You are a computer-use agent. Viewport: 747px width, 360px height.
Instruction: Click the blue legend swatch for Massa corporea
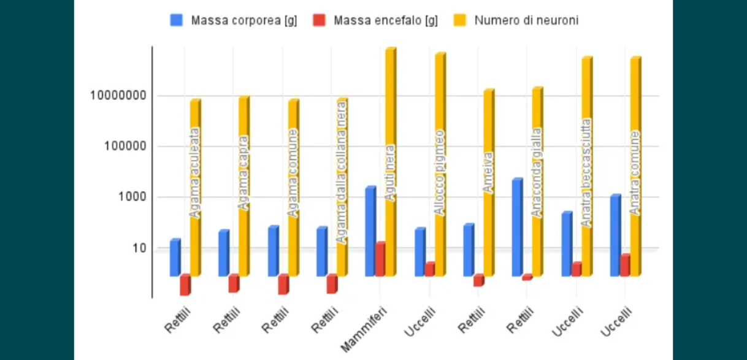click(176, 20)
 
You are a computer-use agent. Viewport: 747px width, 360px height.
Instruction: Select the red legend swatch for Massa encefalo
click(319, 20)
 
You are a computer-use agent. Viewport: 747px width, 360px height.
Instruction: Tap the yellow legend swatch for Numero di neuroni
click(460, 20)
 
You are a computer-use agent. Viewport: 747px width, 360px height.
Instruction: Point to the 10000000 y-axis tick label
click(118, 96)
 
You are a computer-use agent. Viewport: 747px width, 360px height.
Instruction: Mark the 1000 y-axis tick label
click(130, 197)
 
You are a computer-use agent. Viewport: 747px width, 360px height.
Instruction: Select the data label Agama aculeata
click(194, 173)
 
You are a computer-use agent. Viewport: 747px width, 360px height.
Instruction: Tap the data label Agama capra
click(243, 173)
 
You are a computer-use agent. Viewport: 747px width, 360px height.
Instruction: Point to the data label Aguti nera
click(390, 173)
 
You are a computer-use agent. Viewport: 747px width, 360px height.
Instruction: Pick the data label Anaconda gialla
click(537, 173)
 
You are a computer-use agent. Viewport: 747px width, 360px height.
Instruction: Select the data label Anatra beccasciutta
click(586, 173)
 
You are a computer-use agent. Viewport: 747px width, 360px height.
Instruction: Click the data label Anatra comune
click(635, 173)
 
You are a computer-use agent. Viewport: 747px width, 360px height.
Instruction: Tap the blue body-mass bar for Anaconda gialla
click(517, 228)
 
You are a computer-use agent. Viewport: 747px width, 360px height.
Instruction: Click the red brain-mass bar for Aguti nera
click(380, 259)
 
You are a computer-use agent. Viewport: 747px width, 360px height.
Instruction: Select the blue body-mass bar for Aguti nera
click(370, 231)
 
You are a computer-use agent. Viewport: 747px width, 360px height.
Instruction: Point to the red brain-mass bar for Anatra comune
click(624, 266)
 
